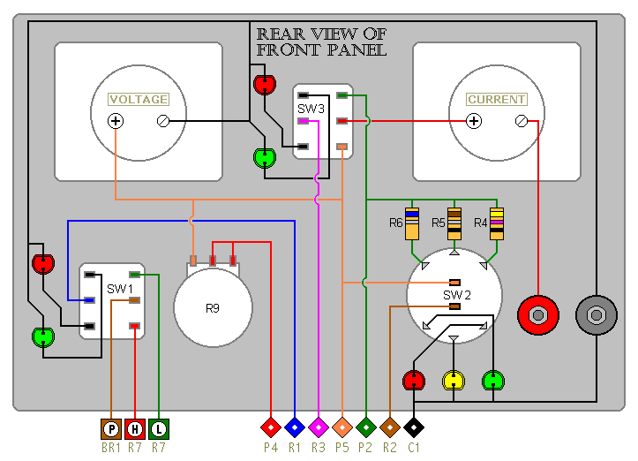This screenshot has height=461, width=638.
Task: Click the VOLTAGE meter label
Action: [x=138, y=100]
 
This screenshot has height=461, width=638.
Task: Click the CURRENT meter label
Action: [x=497, y=100]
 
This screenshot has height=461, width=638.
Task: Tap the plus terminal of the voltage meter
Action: [x=116, y=121]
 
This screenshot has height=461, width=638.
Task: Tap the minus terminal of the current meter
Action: [x=521, y=121]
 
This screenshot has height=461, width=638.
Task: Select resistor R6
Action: [x=411, y=224]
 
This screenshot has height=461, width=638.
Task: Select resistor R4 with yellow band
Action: [x=497, y=224]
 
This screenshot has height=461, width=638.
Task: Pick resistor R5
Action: [x=454, y=224]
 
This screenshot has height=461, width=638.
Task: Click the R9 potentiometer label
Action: [x=213, y=308]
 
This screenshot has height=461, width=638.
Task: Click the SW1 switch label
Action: [x=120, y=289]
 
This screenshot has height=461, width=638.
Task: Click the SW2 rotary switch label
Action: [x=456, y=294]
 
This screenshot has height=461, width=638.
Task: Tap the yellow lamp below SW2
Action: [x=453, y=381]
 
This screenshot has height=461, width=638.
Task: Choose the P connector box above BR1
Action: [x=112, y=428]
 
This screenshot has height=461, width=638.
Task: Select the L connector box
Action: [x=158, y=428]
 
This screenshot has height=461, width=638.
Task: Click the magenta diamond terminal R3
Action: [x=319, y=427]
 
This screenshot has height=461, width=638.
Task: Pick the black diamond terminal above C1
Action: [x=414, y=427]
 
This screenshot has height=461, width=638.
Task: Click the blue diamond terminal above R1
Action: [x=295, y=427]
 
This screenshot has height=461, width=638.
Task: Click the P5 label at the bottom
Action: [x=342, y=449]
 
